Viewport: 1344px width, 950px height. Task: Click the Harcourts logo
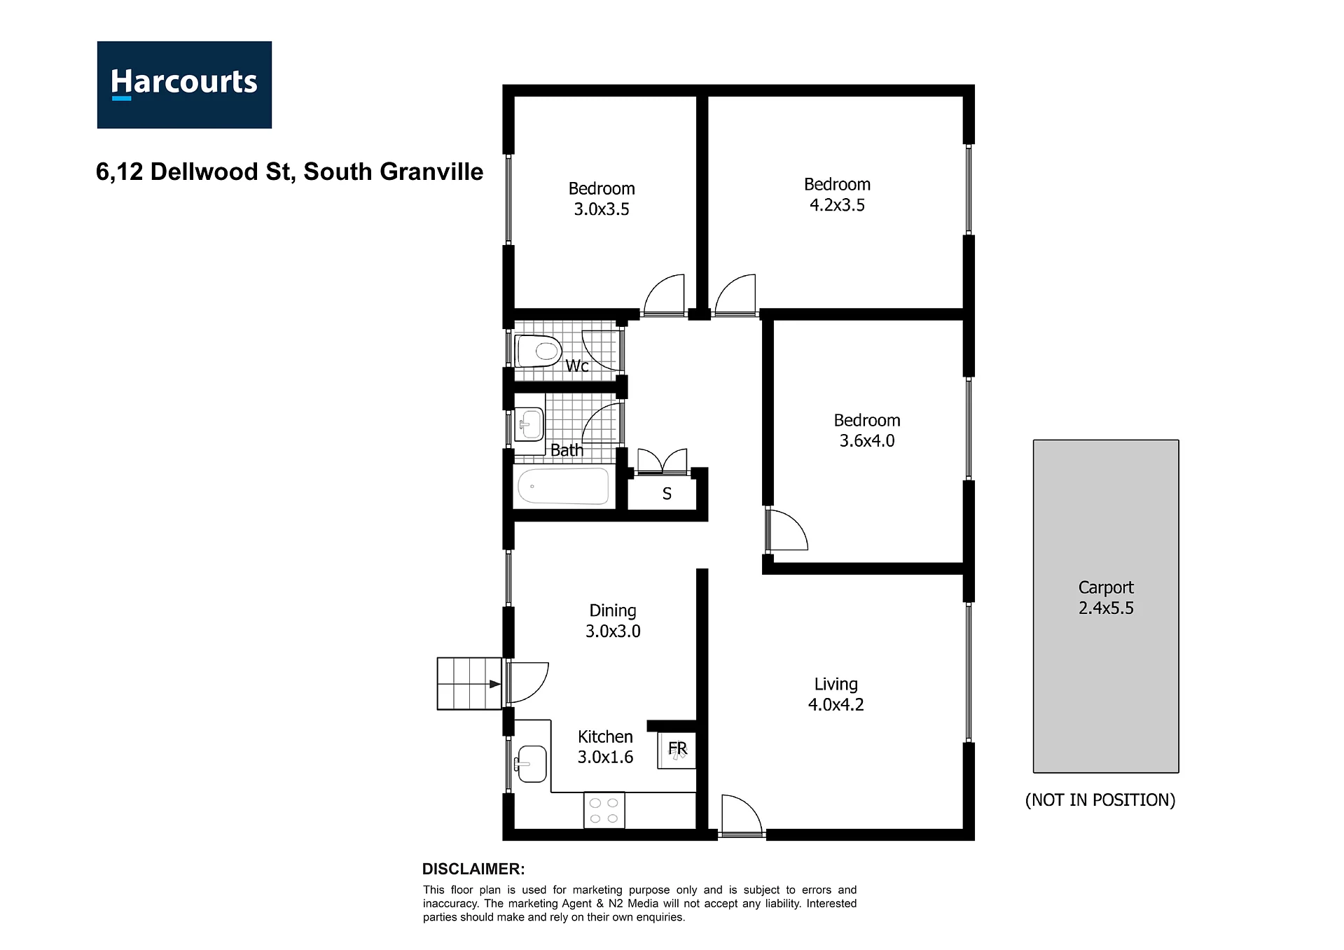coord(184,85)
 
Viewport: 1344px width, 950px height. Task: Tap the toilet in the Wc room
coord(538,351)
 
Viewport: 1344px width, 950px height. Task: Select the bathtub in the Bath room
coord(563,486)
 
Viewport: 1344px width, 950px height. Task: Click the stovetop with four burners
coord(604,811)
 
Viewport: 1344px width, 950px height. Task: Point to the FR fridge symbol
coord(677,750)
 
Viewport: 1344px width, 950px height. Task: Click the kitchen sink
coord(530,763)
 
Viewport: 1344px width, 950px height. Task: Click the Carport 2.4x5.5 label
coord(1106,598)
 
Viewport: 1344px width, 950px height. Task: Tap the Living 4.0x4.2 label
coord(836,694)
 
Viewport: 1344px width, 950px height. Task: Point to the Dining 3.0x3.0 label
coord(613,621)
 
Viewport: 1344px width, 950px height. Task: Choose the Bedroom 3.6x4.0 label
coord(867,431)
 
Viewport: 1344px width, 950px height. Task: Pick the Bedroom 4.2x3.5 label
coord(837,195)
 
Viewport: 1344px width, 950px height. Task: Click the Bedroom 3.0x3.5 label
coord(602,199)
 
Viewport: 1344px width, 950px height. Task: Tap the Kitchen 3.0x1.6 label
coord(605,747)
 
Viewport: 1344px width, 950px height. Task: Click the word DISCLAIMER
coord(473,869)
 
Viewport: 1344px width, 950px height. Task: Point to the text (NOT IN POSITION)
coord(1100,800)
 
